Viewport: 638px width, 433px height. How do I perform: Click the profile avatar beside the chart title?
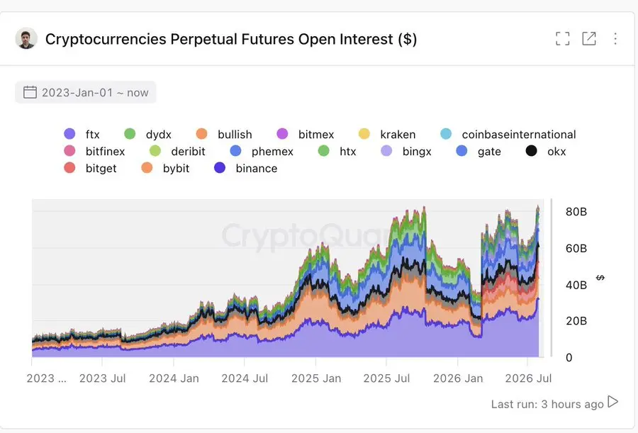click(26, 39)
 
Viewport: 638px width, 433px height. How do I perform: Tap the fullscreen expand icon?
click(563, 39)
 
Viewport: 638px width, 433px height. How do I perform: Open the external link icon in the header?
click(589, 39)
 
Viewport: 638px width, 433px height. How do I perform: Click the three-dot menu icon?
click(615, 39)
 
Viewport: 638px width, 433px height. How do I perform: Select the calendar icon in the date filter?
click(30, 92)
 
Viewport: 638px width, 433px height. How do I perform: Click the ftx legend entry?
click(82, 135)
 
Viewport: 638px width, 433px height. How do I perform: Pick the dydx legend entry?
click(147, 135)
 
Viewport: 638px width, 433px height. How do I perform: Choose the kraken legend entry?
click(387, 135)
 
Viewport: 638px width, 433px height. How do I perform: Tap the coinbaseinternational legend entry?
click(508, 135)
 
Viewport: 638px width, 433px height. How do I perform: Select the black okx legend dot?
click(532, 151)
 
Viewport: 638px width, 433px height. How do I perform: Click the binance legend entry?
click(246, 168)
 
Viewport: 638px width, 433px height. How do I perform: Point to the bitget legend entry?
click(90, 168)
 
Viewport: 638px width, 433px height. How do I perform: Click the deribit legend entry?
click(177, 152)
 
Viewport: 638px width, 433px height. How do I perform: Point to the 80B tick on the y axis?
click(576, 212)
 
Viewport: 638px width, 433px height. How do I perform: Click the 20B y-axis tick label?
click(576, 321)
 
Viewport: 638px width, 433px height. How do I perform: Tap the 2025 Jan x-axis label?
click(316, 378)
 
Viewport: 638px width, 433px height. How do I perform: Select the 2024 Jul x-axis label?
click(245, 378)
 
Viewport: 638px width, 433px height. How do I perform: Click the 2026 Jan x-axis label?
click(458, 378)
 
